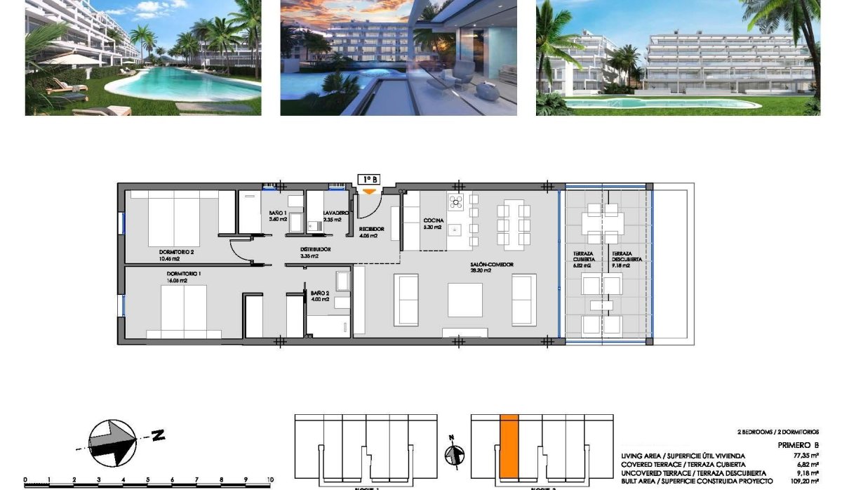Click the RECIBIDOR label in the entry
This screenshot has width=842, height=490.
click(371, 229)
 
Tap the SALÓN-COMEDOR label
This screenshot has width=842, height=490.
click(492, 265)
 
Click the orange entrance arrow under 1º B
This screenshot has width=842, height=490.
click(368, 192)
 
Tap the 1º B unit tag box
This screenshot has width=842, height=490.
click(369, 180)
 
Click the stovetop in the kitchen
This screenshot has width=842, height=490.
click(457, 203)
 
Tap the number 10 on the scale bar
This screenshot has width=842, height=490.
click(269, 481)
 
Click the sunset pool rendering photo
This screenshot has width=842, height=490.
click(399, 58)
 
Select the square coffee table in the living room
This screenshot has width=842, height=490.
click(465, 300)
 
